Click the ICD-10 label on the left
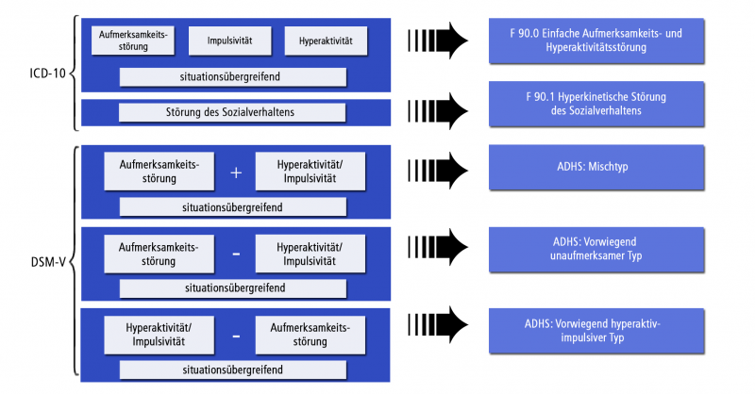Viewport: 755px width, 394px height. [42, 70]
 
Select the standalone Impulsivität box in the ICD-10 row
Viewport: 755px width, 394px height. [229, 41]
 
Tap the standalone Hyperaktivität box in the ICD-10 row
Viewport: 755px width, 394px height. [326, 41]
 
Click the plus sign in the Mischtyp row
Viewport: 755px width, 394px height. [236, 172]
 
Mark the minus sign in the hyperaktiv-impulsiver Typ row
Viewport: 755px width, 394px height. [236, 335]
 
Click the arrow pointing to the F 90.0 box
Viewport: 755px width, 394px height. [438, 40]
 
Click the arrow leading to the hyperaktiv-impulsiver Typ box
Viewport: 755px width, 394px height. [438, 330]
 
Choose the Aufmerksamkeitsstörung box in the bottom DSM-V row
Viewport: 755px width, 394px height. [310, 335]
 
